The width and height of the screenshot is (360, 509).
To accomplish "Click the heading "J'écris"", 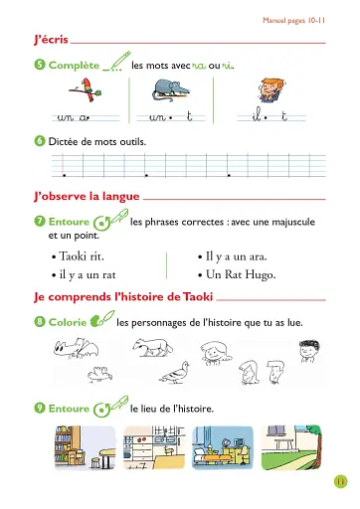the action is click(49, 40).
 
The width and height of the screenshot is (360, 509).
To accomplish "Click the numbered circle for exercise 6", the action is click(38, 141).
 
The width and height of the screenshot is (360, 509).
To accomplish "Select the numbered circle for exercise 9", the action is click(38, 409).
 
